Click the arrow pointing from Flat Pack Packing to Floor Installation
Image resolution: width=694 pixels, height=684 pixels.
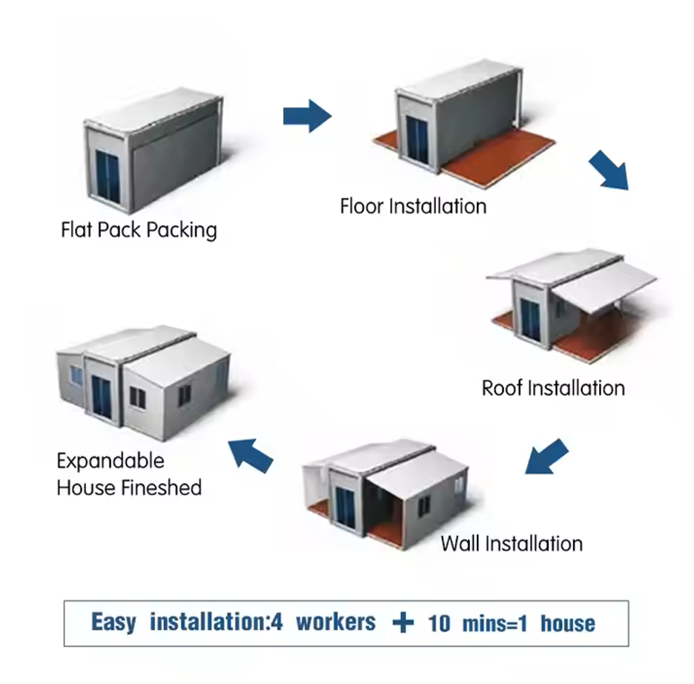pyautogui.click(x=306, y=116)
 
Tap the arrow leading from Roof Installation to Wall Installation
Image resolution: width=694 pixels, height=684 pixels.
pyautogui.click(x=546, y=456)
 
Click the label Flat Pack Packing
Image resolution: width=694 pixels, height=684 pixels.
pyautogui.click(x=139, y=229)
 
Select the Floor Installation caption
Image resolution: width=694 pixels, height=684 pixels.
pyautogui.click(x=413, y=205)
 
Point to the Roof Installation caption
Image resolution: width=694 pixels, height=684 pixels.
pyautogui.click(x=553, y=388)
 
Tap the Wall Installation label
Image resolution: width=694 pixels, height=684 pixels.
pyautogui.click(x=512, y=543)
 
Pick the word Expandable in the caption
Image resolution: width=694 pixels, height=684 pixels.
pyautogui.click(x=110, y=461)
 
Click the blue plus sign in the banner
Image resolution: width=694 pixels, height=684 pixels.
pyautogui.click(x=403, y=622)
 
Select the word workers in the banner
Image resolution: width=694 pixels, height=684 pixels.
pyautogui.click(x=336, y=622)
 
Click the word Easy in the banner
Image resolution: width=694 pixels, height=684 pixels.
pyautogui.click(x=113, y=622)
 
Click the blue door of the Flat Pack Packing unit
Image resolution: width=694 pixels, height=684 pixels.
pyautogui.click(x=109, y=177)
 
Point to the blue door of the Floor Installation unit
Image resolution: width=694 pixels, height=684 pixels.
pyautogui.click(x=417, y=139)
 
